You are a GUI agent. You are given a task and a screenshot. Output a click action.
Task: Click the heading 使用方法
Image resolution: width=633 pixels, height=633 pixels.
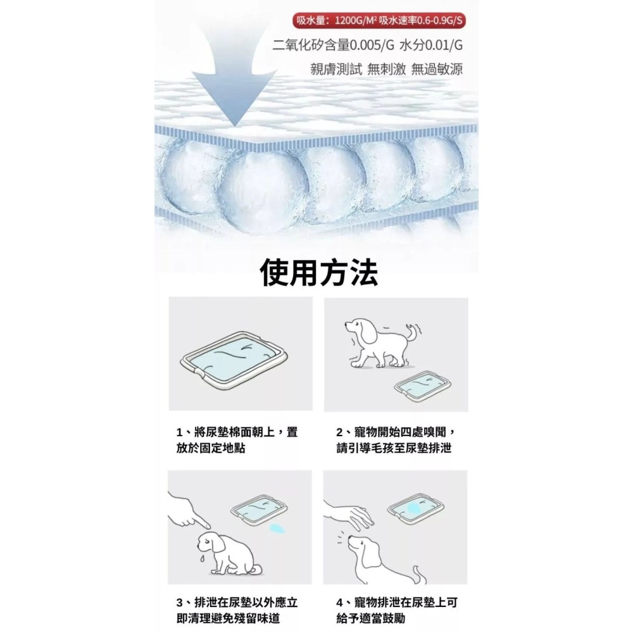click(x=319, y=273)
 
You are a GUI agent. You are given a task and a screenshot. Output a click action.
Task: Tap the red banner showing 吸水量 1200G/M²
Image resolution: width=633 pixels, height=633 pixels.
click(x=379, y=20)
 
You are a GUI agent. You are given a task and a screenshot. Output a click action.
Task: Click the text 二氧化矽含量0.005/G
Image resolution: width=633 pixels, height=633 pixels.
click(x=333, y=45)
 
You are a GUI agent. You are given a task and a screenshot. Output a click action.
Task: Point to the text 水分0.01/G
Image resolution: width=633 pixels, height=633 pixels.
click(x=430, y=45)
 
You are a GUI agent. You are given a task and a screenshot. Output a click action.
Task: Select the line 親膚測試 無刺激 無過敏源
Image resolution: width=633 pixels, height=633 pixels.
click(x=386, y=69)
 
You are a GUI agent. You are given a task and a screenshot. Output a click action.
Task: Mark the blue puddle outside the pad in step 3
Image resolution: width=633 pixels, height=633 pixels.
click(x=277, y=528)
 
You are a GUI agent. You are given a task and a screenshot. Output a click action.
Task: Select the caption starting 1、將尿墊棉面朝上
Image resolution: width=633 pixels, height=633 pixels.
click(x=237, y=440)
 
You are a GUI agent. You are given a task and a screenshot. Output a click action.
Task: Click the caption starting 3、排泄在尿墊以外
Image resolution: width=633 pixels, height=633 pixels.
click(x=237, y=610)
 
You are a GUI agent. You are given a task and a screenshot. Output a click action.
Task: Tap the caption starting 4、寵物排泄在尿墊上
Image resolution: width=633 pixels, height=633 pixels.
click(x=396, y=610)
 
